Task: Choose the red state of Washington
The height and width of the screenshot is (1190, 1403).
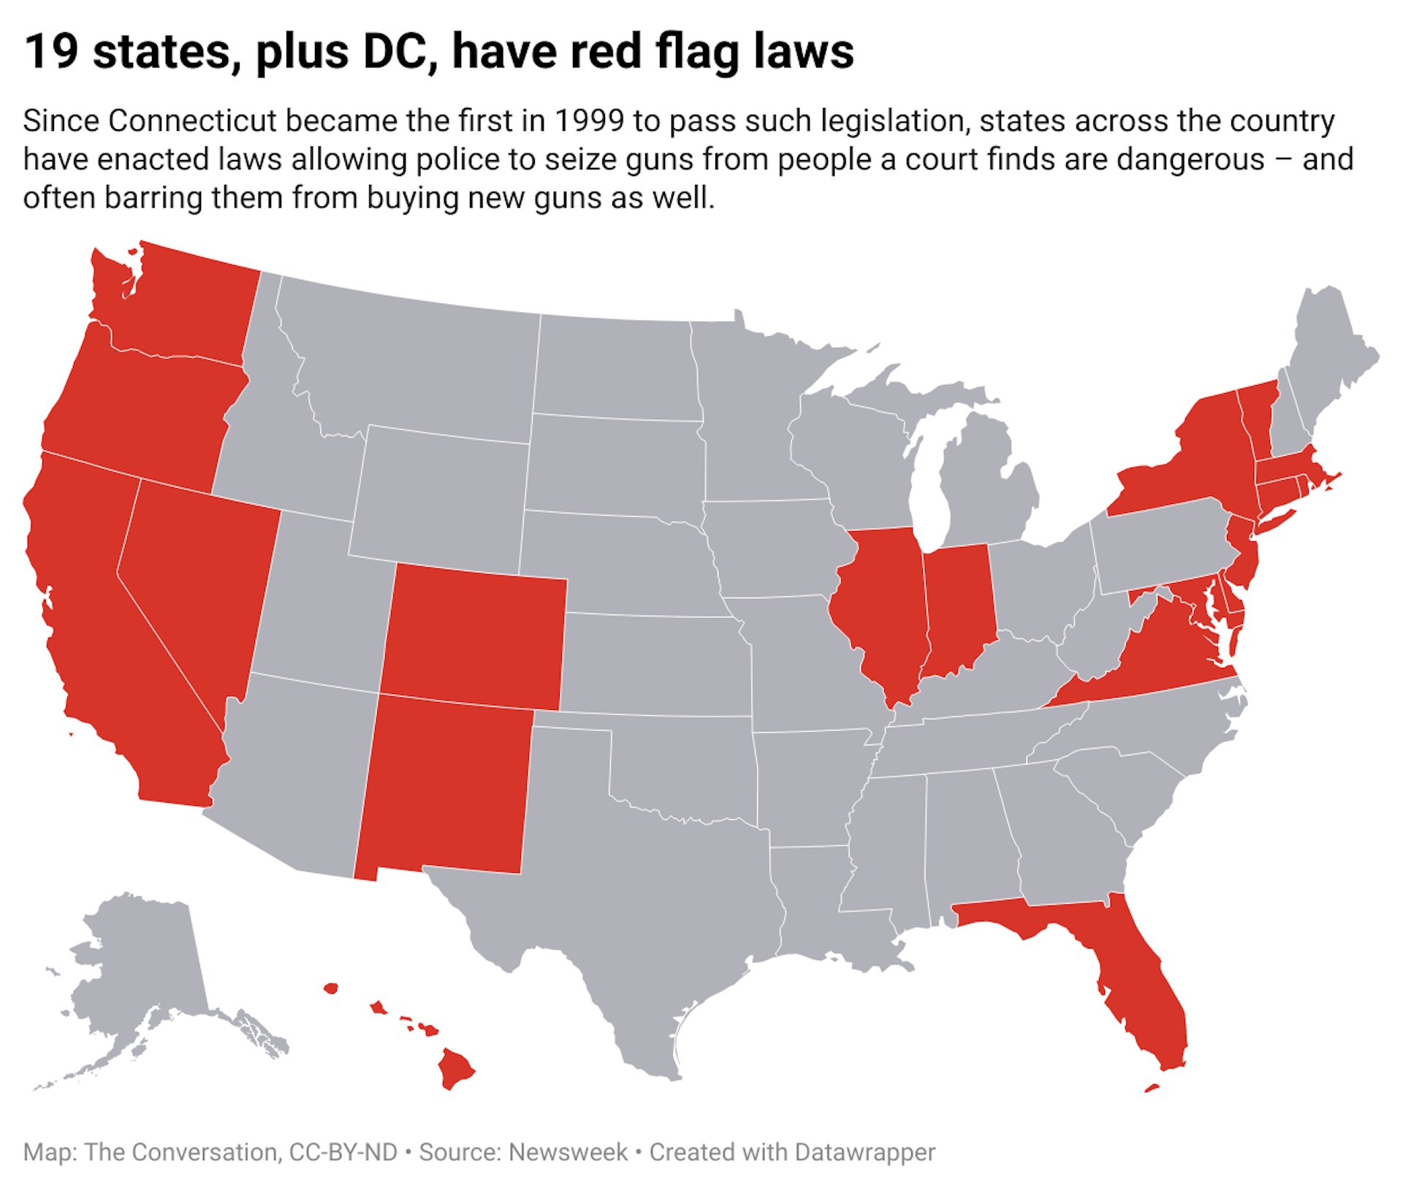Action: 183,307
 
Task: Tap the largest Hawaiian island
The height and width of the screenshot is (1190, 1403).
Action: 455,1068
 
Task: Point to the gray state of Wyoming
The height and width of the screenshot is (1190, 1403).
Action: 438,497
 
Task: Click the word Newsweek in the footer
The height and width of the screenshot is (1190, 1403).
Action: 568,1152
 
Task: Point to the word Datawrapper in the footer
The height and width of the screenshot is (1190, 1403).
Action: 864,1152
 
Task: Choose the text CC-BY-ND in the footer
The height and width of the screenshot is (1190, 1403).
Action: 343,1152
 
